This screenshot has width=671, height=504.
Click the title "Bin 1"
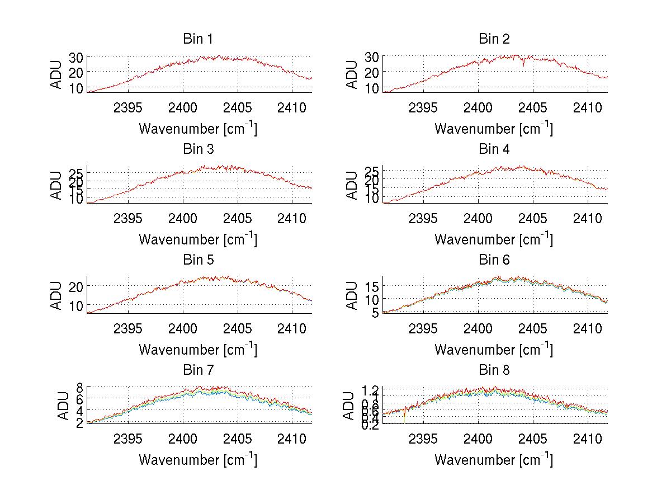pos(197,39)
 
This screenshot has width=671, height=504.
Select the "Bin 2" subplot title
pos(494,39)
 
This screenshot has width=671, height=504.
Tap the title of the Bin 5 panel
pos(197,260)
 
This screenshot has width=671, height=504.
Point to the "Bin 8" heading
pos(494,370)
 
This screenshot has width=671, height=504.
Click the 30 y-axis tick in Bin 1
pos(76,57)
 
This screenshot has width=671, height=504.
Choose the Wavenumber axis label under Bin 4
pos(494,239)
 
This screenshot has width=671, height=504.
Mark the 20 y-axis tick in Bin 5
pos(76,286)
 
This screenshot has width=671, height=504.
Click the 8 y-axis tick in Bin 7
pos(79,387)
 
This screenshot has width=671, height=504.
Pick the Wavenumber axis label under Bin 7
pos(197,460)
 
